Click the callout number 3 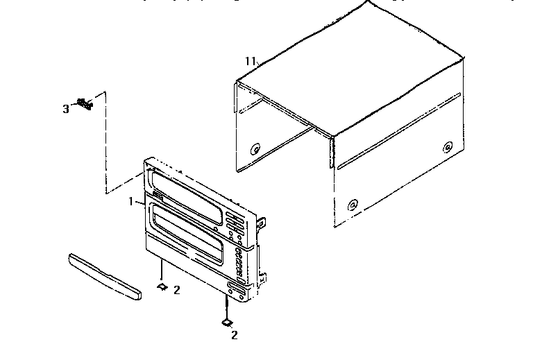point(66,109)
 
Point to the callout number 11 point(251,62)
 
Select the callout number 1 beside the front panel point(130,202)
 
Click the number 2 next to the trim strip point(176,290)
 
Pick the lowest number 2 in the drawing point(234,336)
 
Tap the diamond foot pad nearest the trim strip point(161,285)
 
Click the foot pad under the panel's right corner point(226,322)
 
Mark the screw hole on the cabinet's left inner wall point(255,147)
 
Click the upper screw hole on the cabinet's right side point(448,146)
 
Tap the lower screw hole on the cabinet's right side point(353,205)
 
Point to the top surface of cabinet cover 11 point(354,69)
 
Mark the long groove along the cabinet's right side point(399,129)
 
